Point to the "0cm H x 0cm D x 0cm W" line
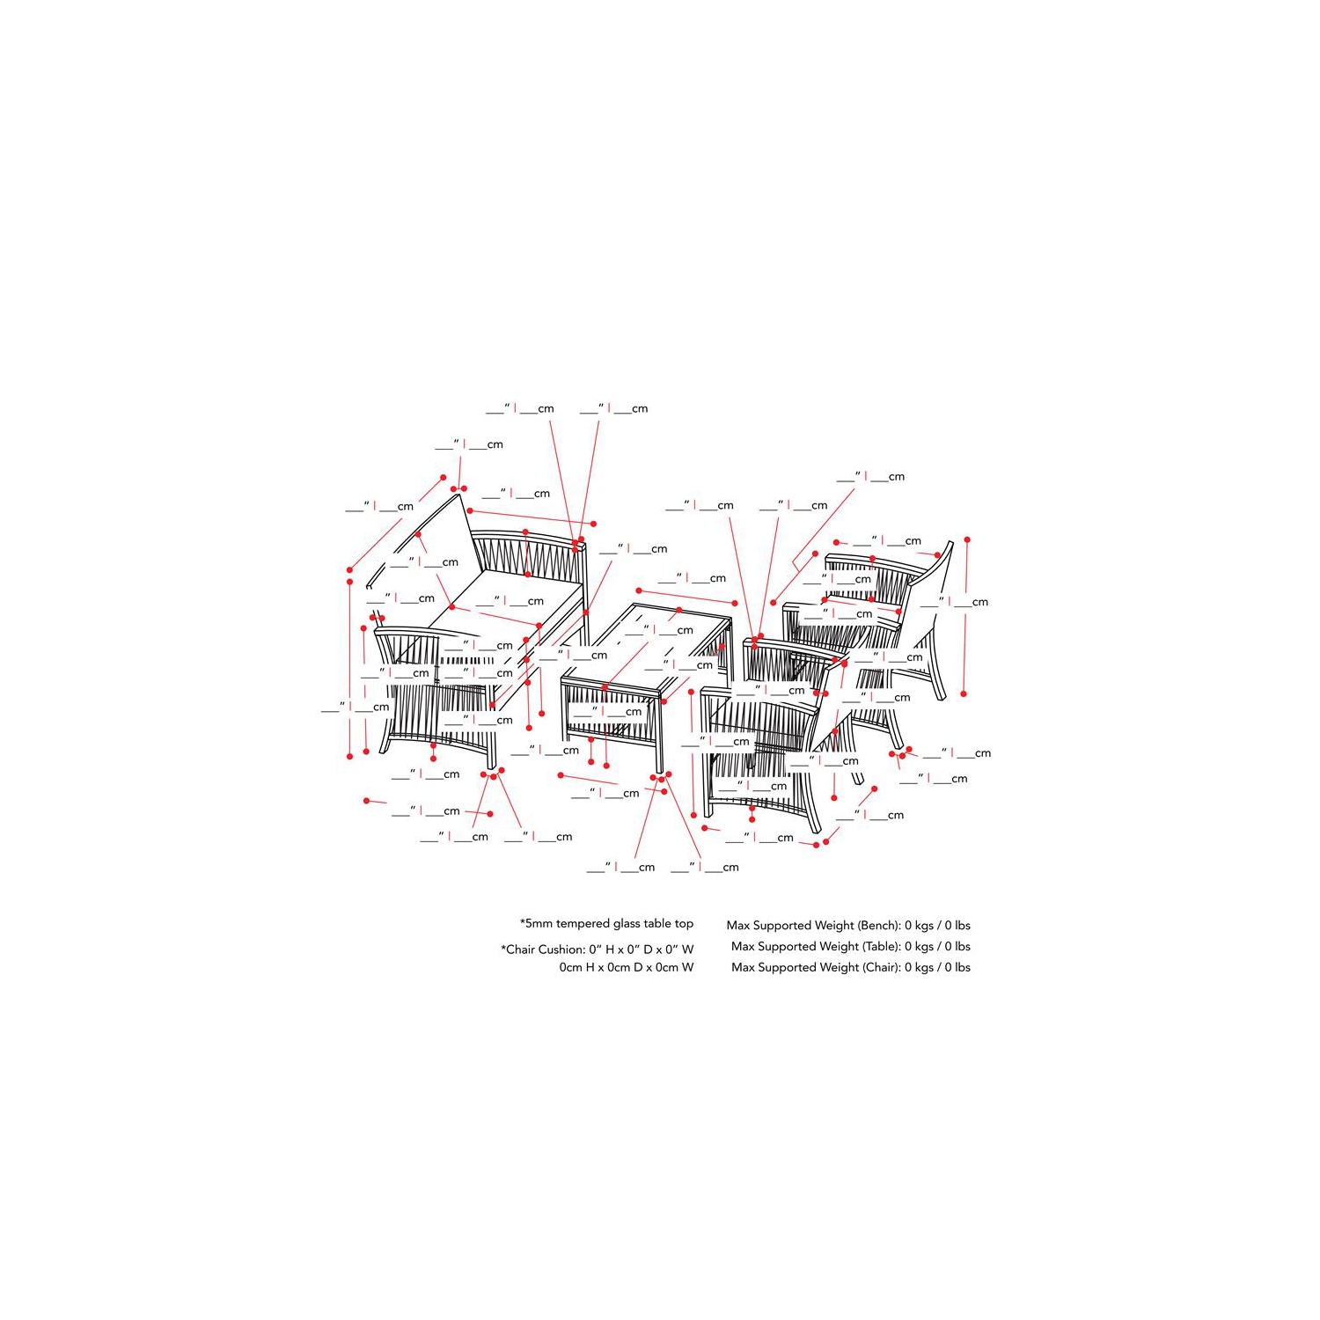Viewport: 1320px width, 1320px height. coord(627,967)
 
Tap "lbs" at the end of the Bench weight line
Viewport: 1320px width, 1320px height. coord(963,925)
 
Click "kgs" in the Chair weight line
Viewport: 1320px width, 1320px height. coord(924,967)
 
